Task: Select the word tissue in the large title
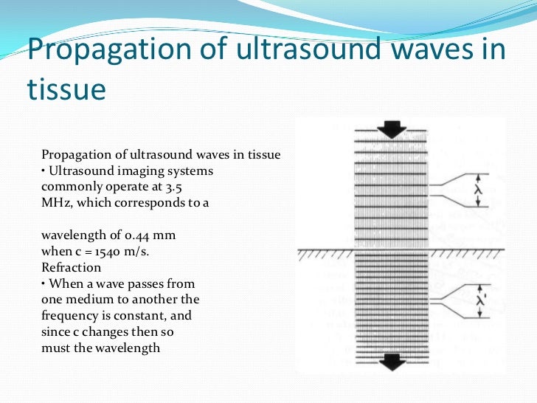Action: click(x=66, y=89)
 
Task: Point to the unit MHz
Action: click(x=55, y=202)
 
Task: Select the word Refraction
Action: click(x=72, y=266)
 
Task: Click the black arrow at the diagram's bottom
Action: click(x=391, y=362)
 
